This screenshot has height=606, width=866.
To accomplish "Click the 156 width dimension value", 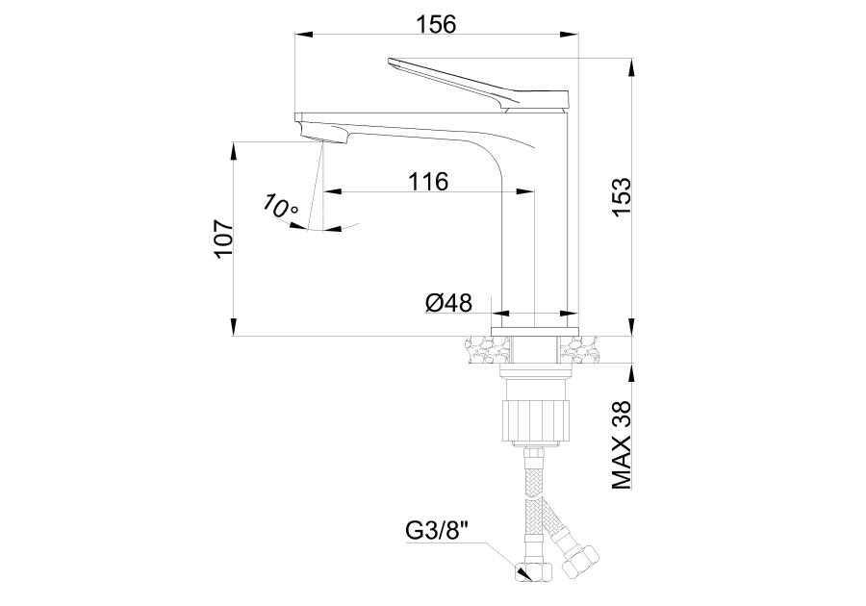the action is (436, 24).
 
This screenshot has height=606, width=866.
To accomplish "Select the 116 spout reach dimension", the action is (428, 181).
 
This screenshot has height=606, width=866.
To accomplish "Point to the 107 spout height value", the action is (224, 239).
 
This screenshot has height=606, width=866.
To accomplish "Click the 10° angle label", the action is (281, 207).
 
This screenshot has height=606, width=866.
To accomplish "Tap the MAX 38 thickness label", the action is (622, 444).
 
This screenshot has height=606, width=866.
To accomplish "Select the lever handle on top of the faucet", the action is (478, 85).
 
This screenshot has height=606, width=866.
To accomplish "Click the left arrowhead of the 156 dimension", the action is (304, 35).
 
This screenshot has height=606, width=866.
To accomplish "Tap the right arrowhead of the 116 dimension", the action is (525, 191).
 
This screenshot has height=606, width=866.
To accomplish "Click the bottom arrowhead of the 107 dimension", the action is (234, 326).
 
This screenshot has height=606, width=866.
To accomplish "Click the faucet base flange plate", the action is (535, 331).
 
